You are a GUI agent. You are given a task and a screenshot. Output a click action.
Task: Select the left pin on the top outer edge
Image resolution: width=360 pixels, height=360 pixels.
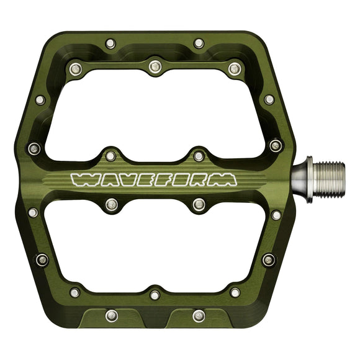pos(110,43)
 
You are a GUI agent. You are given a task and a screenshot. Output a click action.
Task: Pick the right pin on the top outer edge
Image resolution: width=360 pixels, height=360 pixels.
pos(199,43)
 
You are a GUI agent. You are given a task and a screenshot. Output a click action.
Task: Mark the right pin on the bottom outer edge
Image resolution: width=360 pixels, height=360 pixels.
pos(198,315)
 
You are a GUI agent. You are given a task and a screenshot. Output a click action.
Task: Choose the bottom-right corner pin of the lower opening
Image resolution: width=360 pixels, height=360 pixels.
pos(235,292)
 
